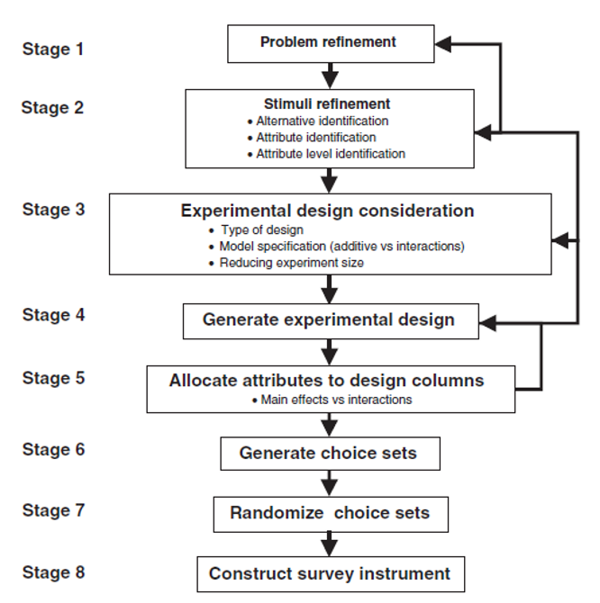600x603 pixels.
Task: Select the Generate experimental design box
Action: coord(330,320)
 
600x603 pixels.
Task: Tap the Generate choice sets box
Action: coord(330,453)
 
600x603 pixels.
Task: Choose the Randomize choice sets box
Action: coord(330,514)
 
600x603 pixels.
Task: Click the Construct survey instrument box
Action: coord(330,573)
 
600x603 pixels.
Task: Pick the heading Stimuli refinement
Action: coord(327,103)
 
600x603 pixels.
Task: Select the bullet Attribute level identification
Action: coord(330,154)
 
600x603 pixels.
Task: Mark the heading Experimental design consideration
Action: coord(328,211)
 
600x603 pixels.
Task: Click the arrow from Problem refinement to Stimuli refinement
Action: coord(330,72)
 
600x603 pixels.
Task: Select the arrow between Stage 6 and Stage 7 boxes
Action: coord(330,483)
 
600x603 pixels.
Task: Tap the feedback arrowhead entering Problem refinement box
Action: coord(442,41)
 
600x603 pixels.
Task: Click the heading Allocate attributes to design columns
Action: coord(326,381)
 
